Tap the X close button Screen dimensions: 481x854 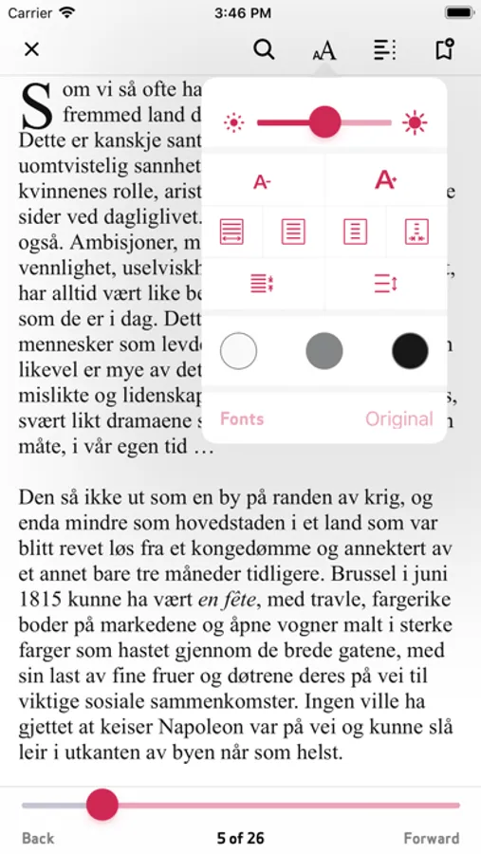click(x=31, y=49)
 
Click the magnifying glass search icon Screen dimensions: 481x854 click(x=265, y=49)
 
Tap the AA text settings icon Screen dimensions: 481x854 click(x=324, y=50)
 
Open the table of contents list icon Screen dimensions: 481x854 click(x=384, y=49)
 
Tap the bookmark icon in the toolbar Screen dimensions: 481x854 click(x=443, y=49)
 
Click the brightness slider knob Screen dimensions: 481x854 click(x=325, y=121)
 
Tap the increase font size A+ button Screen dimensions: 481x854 click(x=385, y=180)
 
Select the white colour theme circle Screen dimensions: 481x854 click(x=238, y=351)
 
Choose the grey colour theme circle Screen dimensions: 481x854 click(x=324, y=351)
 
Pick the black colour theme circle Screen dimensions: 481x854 click(x=410, y=351)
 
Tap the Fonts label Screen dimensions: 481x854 click(x=242, y=418)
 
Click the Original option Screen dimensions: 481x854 click(x=398, y=418)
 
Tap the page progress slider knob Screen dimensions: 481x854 click(x=102, y=805)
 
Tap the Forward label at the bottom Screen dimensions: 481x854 click(x=431, y=838)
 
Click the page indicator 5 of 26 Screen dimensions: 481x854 click(x=240, y=838)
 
